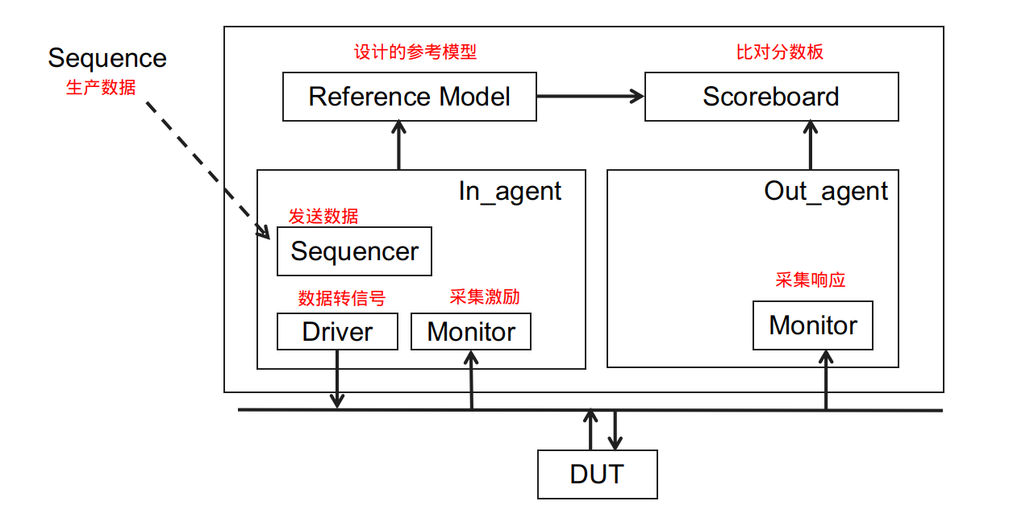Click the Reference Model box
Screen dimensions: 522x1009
[409, 97]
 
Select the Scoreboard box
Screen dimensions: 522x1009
[771, 97]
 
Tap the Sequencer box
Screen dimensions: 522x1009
[354, 251]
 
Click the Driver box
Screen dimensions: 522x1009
[337, 332]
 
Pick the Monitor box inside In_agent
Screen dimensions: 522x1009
[471, 332]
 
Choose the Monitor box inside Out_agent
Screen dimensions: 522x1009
[812, 325]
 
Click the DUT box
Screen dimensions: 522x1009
[597, 474]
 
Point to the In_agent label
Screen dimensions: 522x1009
[510, 192]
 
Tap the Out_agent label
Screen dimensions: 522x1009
[826, 192]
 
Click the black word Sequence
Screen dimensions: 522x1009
[107, 58]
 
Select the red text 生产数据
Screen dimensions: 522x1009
[100, 88]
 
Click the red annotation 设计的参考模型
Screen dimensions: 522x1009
[415, 52]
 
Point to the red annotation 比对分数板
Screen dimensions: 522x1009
[780, 52]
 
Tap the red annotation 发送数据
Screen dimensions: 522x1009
[323, 216]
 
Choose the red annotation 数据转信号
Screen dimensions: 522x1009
[341, 299]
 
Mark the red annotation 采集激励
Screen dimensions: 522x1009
[484, 296]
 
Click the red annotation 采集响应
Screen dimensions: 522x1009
[810, 280]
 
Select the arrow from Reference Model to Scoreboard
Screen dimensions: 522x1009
[590, 96]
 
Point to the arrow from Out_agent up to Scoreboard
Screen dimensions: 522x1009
[810, 145]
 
